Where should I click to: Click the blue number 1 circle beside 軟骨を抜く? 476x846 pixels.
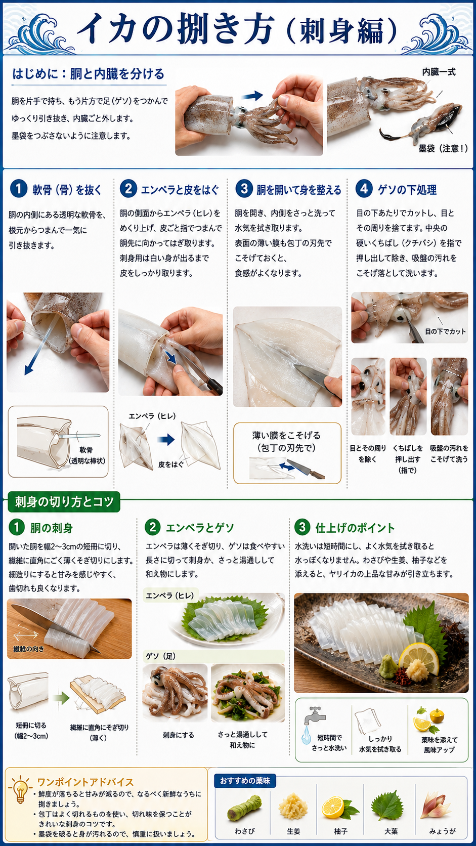pos(19,188)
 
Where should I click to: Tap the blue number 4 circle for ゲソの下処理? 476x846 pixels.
pos(364,188)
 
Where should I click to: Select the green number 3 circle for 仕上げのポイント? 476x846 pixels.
pos(302,527)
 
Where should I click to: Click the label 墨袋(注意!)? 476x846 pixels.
pos(443,148)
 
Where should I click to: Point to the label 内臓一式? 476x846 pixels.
pos(439,72)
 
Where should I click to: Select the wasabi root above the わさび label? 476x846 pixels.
pos(245,808)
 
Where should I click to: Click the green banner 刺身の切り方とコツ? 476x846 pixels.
pos(64,501)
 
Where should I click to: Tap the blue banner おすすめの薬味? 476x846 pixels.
pos(245,780)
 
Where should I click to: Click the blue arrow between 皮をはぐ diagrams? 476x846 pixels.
pos(166,439)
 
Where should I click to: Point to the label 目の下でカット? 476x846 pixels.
pos(446,331)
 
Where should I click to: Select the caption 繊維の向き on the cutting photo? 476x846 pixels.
pos(29,649)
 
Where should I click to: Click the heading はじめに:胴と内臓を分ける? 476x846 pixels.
pos(89,74)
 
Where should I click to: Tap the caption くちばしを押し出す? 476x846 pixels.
pos(408,453)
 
